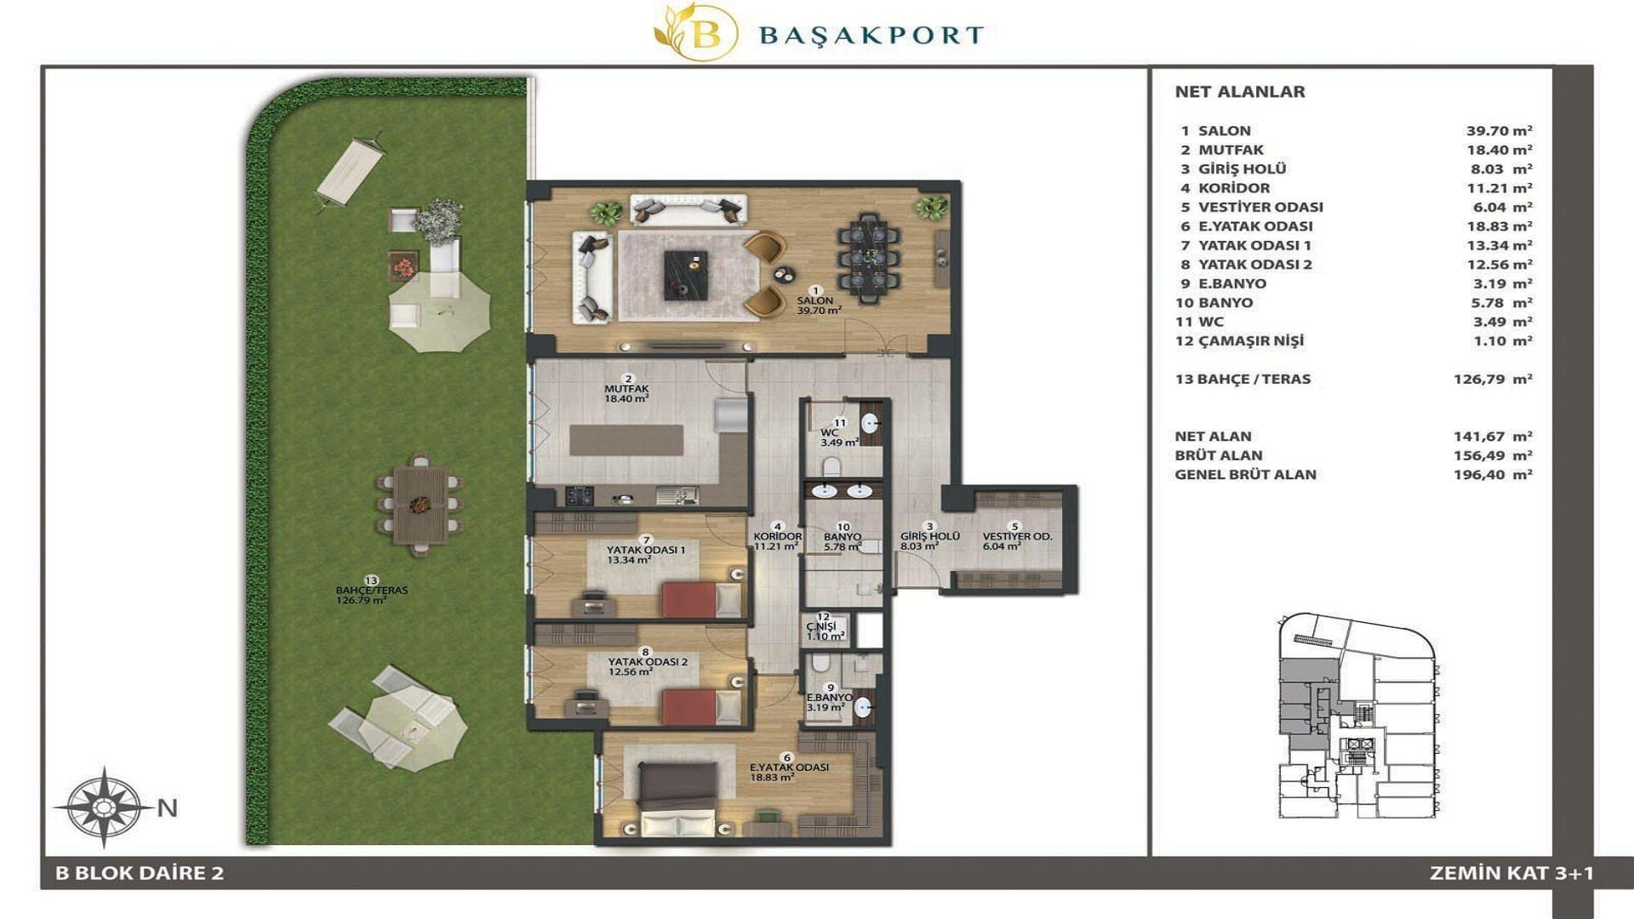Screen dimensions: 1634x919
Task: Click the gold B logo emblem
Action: tap(696, 32)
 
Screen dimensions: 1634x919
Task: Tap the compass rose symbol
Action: tap(104, 806)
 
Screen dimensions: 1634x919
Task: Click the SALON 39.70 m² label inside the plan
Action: tap(818, 305)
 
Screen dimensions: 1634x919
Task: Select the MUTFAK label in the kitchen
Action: tap(626, 389)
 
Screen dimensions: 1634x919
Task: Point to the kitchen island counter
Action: tap(626, 440)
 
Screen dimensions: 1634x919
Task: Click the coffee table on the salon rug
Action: tap(686, 275)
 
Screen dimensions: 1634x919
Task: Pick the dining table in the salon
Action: tap(867, 256)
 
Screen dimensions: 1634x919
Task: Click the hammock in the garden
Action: tap(351, 171)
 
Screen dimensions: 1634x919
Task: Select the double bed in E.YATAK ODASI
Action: tap(677, 799)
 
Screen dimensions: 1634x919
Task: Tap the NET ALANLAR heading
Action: tap(1240, 92)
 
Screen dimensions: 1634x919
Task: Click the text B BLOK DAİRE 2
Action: tap(140, 873)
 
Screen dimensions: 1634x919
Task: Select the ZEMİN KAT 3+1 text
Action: tap(1511, 873)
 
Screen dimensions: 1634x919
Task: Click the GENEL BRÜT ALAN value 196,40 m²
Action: tap(1493, 475)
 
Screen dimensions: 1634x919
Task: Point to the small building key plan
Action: tap(1357, 716)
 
